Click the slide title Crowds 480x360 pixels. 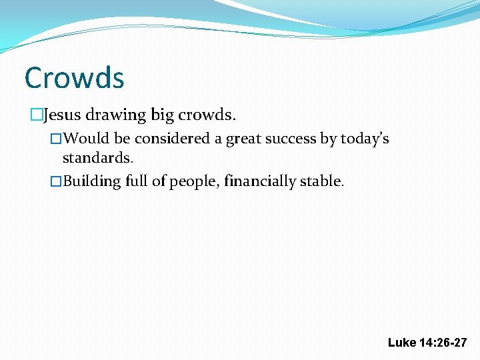point(74,78)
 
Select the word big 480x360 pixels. point(162,116)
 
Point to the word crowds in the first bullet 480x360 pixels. point(207,115)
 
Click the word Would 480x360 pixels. point(88,139)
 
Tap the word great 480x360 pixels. point(246,139)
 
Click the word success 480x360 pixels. point(295,139)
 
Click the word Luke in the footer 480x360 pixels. point(401,343)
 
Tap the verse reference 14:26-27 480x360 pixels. point(443,343)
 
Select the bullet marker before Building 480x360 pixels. point(56,181)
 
